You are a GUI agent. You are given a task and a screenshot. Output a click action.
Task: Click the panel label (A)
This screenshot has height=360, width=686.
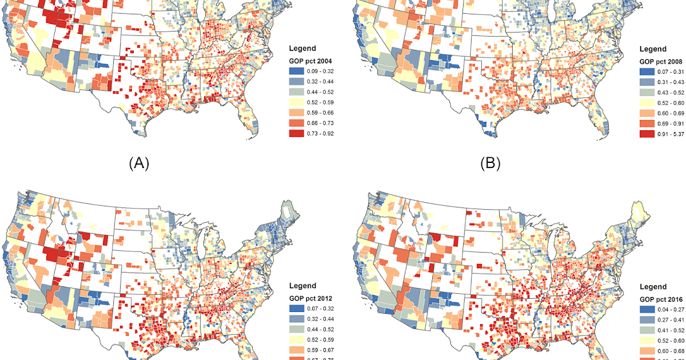point(139,163)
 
